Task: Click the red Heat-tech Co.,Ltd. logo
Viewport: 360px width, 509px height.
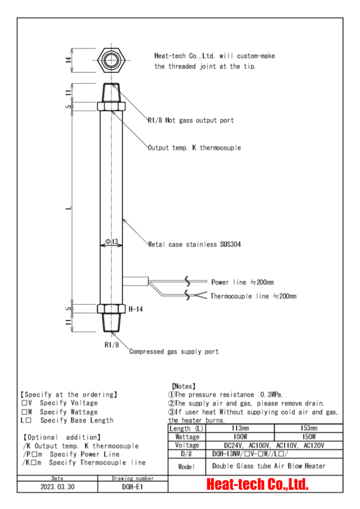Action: pyautogui.click(x=257, y=484)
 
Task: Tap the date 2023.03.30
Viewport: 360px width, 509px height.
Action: pyautogui.click(x=57, y=487)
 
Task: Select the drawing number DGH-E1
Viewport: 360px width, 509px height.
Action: pyautogui.click(x=133, y=487)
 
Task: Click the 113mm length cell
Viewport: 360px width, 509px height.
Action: pyautogui.click(x=240, y=428)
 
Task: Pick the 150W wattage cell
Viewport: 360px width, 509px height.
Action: pyautogui.click(x=308, y=436)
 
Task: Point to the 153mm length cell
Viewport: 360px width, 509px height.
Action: pyautogui.click(x=309, y=428)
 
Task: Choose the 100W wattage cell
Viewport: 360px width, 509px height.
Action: pyautogui.click(x=240, y=436)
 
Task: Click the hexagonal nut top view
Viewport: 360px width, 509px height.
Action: pyautogui.click(x=111, y=60)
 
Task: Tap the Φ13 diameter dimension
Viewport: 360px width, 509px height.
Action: pyautogui.click(x=111, y=241)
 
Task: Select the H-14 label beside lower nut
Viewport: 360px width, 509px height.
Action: pyautogui.click(x=135, y=309)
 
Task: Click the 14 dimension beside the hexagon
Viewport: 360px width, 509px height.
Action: pyautogui.click(x=69, y=60)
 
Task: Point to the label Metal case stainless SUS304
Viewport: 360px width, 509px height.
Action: pyautogui.click(x=194, y=245)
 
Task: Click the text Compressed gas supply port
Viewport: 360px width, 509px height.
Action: pyautogui.click(x=174, y=351)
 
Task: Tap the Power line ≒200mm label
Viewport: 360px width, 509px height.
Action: pyautogui.click(x=242, y=282)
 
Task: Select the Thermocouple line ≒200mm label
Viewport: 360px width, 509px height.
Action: pyautogui.click(x=253, y=296)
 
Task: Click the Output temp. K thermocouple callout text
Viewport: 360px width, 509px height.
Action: pyautogui.click(x=194, y=148)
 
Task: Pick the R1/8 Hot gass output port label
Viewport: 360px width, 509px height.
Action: pyautogui.click(x=190, y=120)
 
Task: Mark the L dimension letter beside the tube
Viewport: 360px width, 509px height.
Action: pyautogui.click(x=69, y=207)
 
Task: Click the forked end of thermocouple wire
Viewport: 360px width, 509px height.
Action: pyautogui.click(x=201, y=296)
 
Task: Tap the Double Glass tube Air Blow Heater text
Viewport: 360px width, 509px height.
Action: pyautogui.click(x=269, y=466)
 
